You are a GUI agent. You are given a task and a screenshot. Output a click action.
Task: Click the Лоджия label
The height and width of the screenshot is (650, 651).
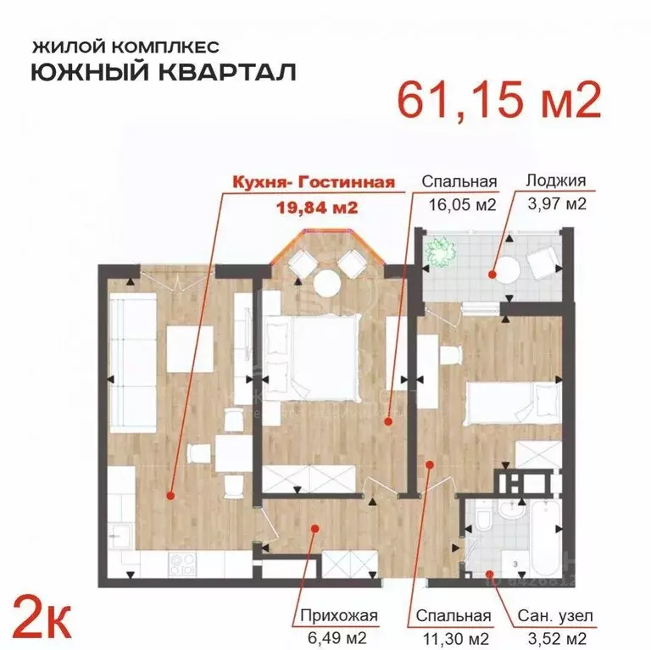click(555, 181)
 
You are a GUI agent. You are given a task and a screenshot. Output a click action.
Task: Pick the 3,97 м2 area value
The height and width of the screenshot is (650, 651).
click(555, 203)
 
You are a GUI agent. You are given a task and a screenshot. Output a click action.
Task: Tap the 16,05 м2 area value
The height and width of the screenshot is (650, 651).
click(459, 203)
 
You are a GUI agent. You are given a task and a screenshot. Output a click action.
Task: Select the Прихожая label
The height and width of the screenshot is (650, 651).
click(338, 616)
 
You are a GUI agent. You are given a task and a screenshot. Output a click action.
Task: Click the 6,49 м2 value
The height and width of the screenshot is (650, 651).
click(338, 637)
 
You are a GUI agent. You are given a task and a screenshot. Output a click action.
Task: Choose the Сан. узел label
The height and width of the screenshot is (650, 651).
click(556, 616)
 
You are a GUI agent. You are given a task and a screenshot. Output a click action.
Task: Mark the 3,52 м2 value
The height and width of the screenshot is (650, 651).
click(556, 637)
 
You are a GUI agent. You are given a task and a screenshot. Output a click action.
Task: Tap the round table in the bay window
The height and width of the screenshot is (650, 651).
click(325, 284)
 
